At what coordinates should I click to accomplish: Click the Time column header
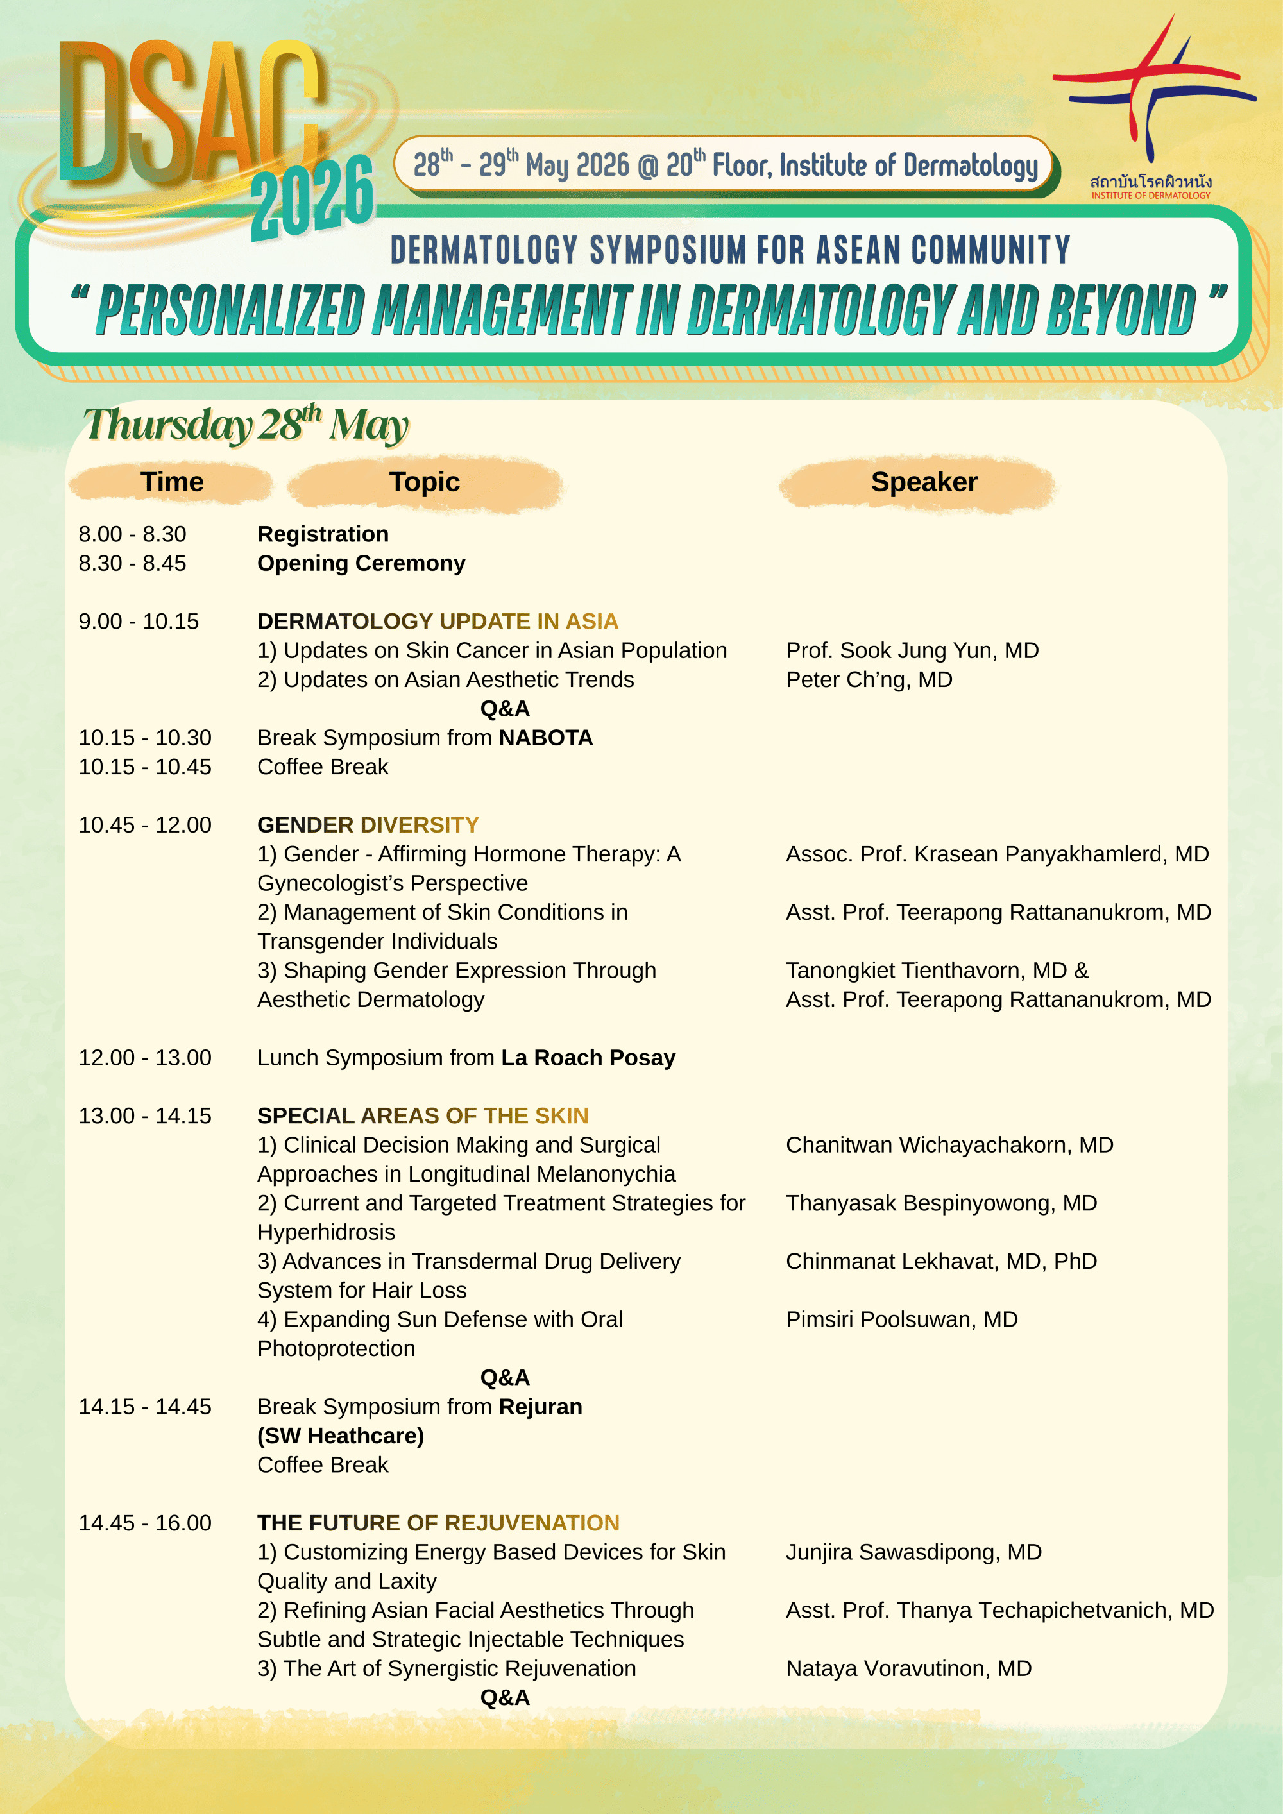[x=172, y=482]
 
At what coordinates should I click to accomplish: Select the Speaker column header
[x=924, y=482]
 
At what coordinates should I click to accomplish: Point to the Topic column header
[x=424, y=482]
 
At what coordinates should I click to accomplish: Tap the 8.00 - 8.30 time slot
[x=132, y=534]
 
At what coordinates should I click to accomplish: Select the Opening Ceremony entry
[x=361, y=563]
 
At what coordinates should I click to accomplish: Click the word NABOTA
[x=545, y=738]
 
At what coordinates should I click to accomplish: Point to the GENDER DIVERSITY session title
[x=368, y=825]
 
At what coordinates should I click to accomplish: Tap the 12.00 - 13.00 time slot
[x=144, y=1058]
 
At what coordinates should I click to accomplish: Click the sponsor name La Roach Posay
[x=588, y=1058]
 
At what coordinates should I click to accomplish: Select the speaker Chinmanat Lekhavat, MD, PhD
[x=941, y=1261]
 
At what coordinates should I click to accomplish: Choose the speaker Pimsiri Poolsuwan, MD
[x=901, y=1319]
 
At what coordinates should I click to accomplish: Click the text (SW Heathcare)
[x=341, y=1436]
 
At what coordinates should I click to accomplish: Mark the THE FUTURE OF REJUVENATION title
[x=438, y=1523]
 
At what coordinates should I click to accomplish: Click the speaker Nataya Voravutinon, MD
[x=908, y=1668]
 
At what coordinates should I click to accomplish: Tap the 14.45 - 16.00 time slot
[x=144, y=1523]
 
